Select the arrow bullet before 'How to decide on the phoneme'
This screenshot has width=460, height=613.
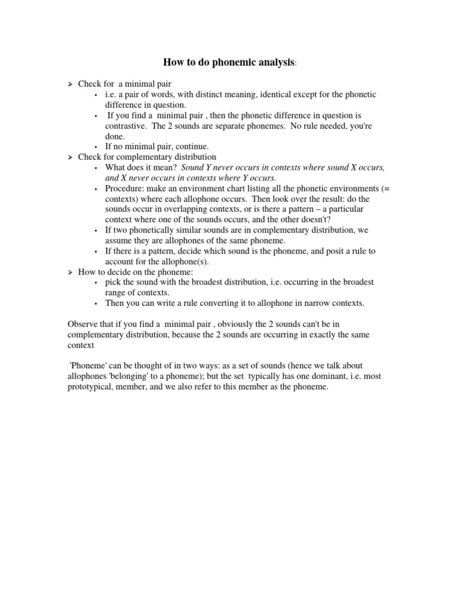(70, 272)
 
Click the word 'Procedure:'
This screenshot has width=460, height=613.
(124, 188)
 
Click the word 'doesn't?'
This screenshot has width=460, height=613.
(313, 219)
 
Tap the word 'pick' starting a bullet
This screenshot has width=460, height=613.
(113, 282)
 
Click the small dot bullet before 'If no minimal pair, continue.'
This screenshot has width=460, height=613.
(96, 146)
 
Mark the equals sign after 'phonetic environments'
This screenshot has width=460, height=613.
(386, 188)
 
